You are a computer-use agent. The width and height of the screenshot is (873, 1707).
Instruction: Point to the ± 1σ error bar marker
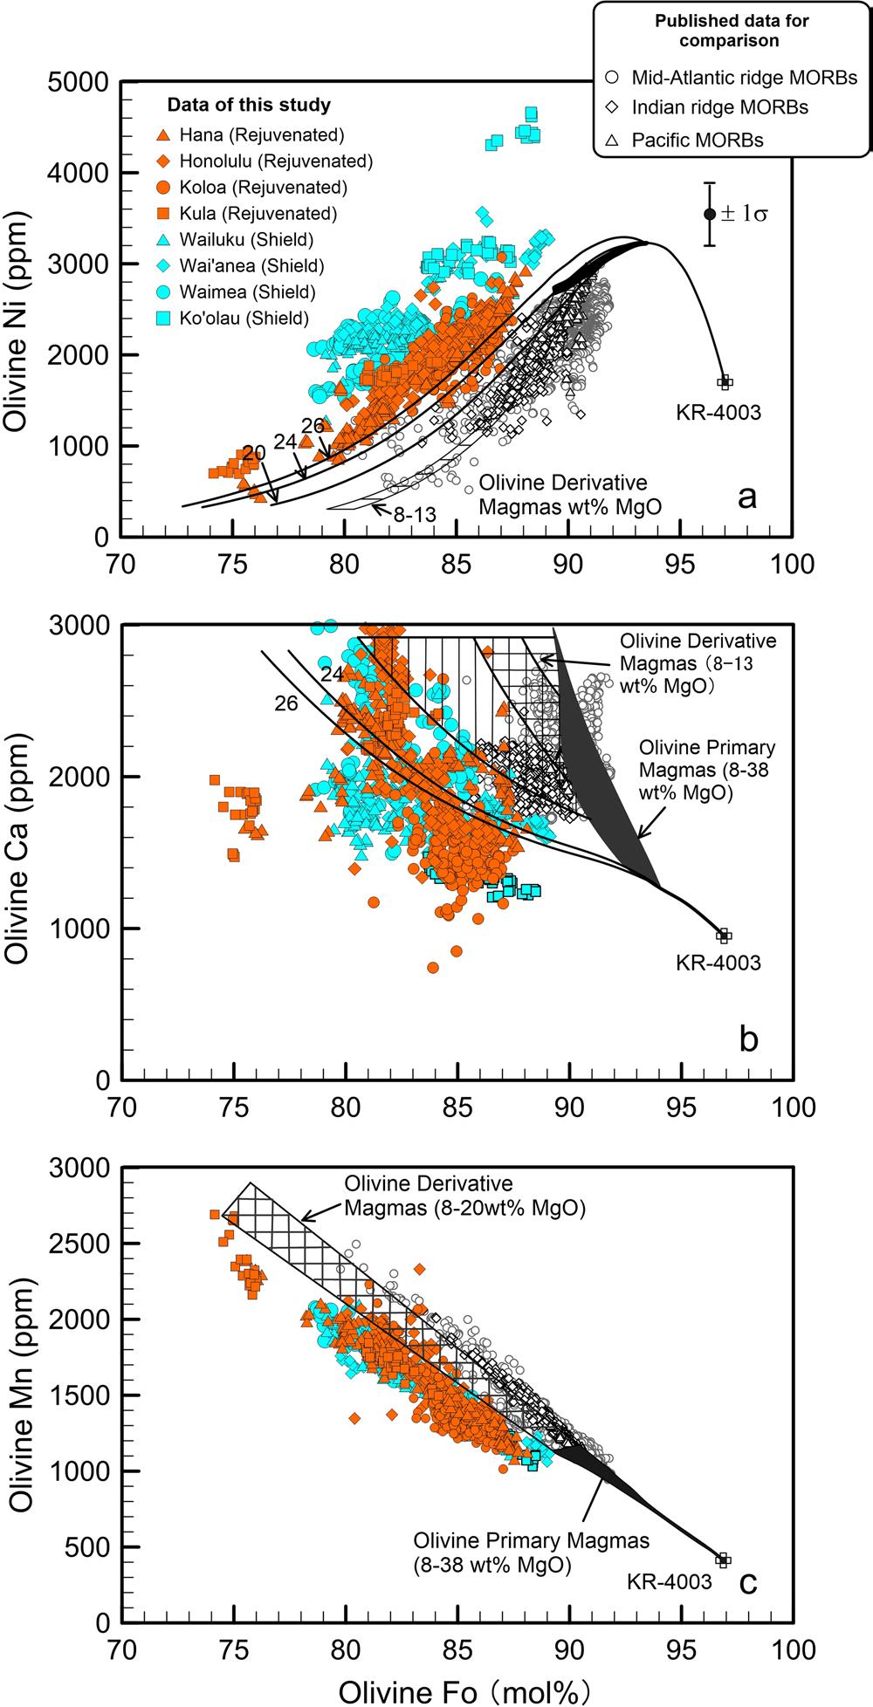[x=710, y=214]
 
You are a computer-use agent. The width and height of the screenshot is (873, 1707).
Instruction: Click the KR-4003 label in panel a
[x=718, y=412]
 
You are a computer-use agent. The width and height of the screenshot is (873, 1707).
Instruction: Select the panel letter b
[x=748, y=1039]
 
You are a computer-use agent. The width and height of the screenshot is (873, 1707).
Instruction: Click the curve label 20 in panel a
[x=255, y=453]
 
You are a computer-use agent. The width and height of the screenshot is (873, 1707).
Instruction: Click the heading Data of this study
[x=249, y=106]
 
